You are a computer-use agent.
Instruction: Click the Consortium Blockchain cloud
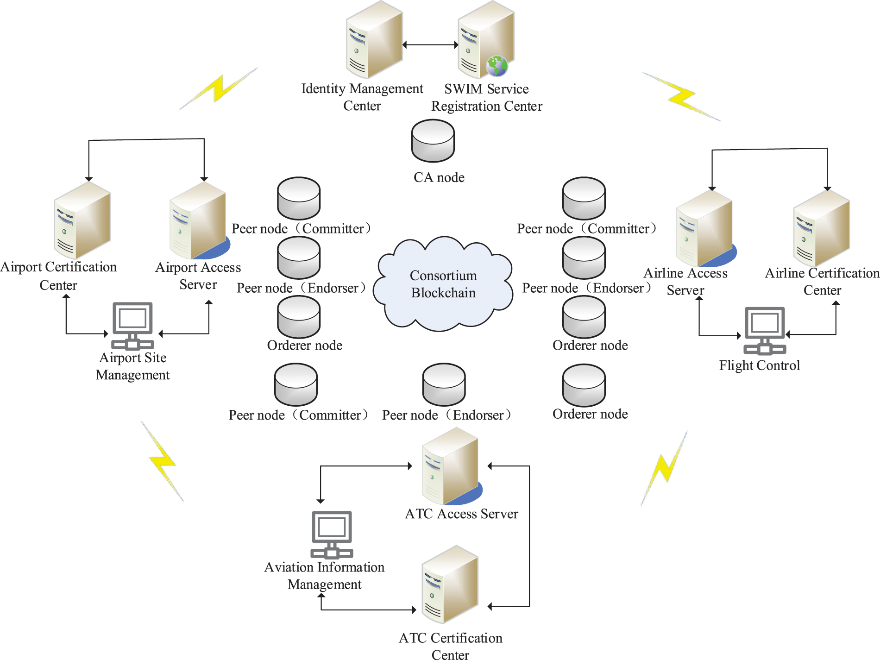tap(443, 284)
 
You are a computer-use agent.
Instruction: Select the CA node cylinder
tap(433, 141)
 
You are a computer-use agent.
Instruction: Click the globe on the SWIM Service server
tap(497, 66)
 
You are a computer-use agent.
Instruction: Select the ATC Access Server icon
tap(451, 466)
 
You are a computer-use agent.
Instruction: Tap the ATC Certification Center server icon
tap(450, 585)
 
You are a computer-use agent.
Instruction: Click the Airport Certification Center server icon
tap(82, 220)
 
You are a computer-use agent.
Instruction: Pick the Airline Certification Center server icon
tap(822, 228)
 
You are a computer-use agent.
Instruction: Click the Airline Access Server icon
tap(705, 228)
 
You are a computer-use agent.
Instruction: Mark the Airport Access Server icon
tap(198, 220)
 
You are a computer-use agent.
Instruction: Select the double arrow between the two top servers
tap(430, 45)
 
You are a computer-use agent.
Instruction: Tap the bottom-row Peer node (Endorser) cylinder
tap(444, 384)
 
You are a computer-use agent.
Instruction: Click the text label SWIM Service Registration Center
tap(486, 97)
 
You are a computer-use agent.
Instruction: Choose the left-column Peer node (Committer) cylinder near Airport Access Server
tap(299, 198)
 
